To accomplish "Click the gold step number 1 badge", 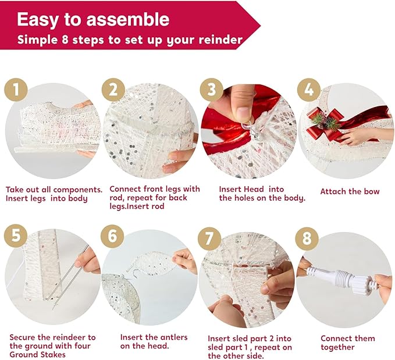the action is point(16,90).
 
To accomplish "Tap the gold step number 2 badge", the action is point(113,90).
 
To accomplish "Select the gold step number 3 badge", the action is point(212,90).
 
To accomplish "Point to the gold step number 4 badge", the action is point(309,90).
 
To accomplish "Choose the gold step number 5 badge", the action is point(16,236).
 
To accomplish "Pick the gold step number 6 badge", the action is point(112,236).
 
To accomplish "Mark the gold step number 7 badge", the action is point(209,238).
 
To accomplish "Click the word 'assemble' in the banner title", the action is point(128,19).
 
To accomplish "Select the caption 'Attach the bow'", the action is point(350,191).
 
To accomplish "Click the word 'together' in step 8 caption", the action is point(337,347).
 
